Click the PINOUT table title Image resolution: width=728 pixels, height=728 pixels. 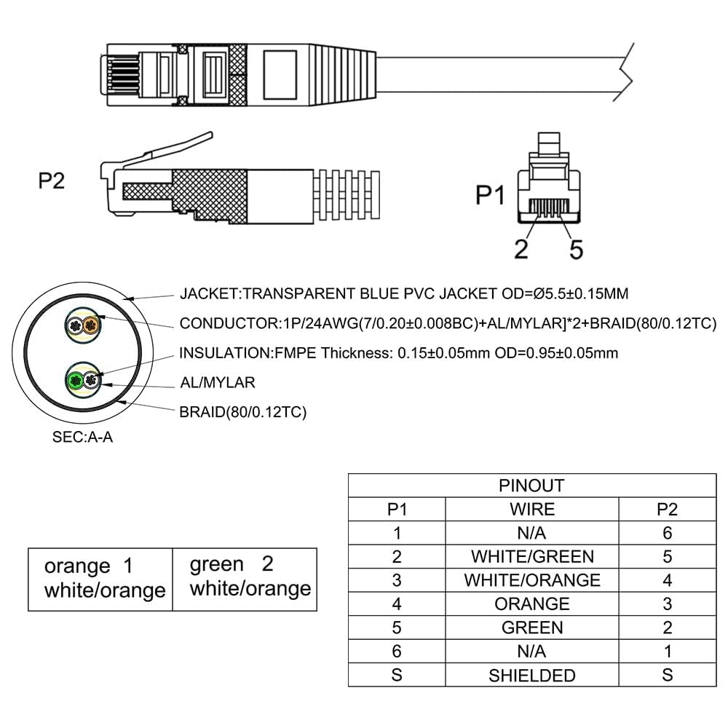click(x=531, y=486)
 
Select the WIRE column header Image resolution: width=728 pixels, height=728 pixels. click(x=531, y=509)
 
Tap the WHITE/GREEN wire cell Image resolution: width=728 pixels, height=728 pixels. click(x=531, y=557)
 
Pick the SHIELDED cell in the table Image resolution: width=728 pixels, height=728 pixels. click(x=531, y=675)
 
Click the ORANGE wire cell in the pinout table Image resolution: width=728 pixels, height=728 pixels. click(x=531, y=604)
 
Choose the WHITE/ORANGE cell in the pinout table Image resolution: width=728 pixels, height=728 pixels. click(x=531, y=580)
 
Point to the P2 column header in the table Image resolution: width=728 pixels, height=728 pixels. click(x=667, y=509)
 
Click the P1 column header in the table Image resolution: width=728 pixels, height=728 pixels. click(x=397, y=509)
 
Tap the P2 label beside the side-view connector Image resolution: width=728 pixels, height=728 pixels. click(x=51, y=181)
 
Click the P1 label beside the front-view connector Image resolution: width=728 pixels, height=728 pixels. click(x=490, y=195)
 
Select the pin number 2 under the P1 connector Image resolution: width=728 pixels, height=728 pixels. click(x=521, y=249)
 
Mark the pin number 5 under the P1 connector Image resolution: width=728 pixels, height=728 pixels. click(x=576, y=249)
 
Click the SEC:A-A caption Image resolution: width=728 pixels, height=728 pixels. click(x=82, y=438)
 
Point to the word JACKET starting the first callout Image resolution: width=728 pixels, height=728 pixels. click(x=209, y=294)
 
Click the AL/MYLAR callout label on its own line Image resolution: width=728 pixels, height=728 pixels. click(x=218, y=382)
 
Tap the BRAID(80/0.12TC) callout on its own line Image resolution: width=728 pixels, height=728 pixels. click(x=243, y=412)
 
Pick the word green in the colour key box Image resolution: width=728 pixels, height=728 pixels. click(x=216, y=564)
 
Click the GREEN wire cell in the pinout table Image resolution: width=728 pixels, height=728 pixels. click(x=531, y=628)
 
